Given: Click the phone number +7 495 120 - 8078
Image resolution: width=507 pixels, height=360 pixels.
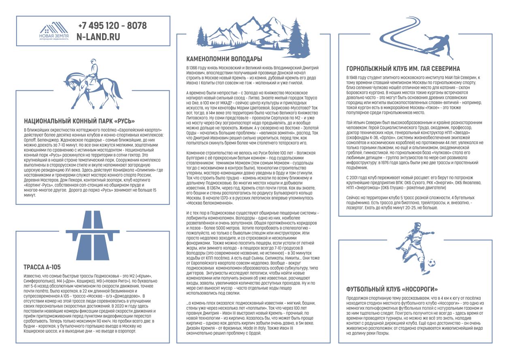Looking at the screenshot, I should pos(112,26).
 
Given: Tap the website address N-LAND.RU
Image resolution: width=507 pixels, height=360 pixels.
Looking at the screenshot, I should pos(98,36).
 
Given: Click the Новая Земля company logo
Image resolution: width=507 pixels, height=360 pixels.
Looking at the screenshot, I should pos(51,31).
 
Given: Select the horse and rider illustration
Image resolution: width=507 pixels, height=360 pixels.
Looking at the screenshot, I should pos(93,84).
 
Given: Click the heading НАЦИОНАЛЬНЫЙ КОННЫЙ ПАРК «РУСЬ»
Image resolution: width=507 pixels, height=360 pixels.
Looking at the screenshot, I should pos(79,121).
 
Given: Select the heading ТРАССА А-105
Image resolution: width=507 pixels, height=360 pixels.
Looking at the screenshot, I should pos(42,266).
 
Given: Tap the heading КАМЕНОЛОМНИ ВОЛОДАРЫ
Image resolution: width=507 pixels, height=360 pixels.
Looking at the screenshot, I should pos(224,59).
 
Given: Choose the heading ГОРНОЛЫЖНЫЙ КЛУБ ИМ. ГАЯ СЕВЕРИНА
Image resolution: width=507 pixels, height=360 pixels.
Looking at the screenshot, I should pos(403,69).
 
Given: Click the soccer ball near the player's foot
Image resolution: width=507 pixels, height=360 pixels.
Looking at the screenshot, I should pos(432,263).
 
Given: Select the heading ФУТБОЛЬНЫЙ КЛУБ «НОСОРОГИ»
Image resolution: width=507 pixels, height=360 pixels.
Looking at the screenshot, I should pos(392,289).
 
